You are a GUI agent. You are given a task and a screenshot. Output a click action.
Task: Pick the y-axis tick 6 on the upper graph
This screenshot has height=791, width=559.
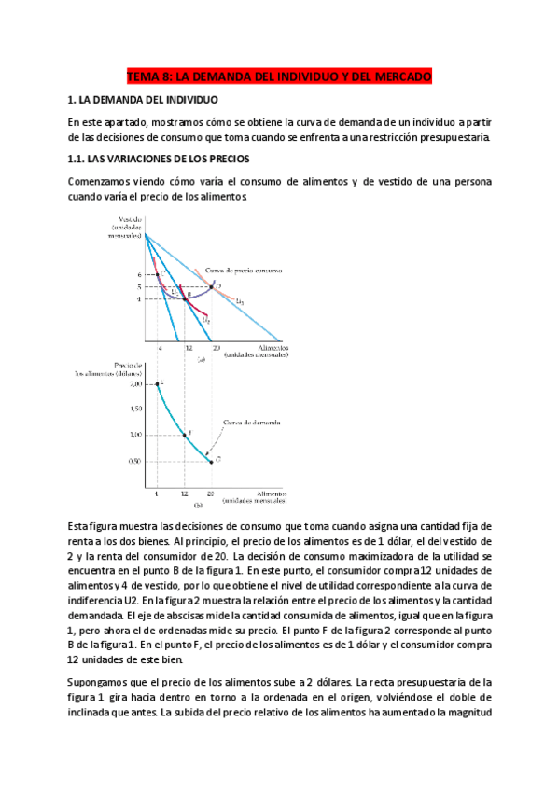coord(138,275)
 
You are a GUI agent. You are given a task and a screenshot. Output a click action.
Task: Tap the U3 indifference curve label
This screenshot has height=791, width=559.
coord(241,301)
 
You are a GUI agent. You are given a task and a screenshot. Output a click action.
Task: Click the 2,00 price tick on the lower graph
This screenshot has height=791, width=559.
coord(135,384)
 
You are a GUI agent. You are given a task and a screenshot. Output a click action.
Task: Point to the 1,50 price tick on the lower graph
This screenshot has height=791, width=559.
coord(135,409)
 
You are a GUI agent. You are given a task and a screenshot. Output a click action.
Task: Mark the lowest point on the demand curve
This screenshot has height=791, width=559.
coord(212,460)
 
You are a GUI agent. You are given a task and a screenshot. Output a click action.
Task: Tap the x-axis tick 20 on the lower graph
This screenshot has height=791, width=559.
coord(212,492)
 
